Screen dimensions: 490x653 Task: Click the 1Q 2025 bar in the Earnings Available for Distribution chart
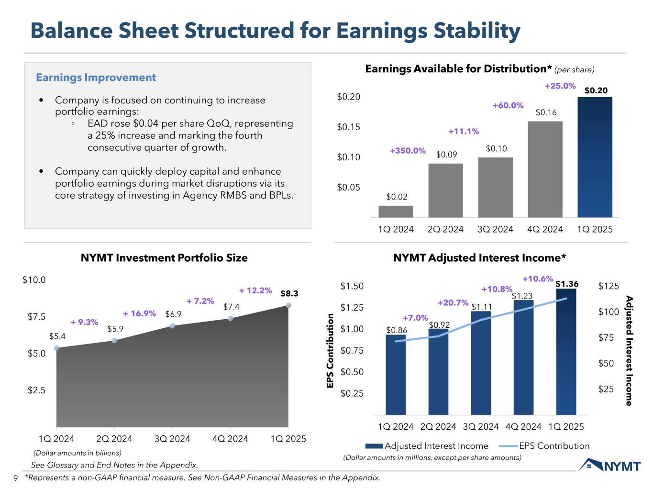[595, 158]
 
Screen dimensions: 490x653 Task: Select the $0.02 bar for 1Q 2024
[396, 212]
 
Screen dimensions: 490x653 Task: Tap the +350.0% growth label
[407, 151]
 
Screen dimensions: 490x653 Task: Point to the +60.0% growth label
[508, 105]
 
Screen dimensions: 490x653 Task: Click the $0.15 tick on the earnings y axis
[348, 127]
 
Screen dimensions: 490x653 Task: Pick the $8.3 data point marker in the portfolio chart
[288, 305]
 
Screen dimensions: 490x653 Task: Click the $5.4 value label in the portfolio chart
[57, 336]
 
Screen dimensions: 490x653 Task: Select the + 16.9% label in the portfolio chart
[140, 313]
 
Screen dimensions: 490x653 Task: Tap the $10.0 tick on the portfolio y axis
[34, 280]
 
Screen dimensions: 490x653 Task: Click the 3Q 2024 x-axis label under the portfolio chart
[172, 439]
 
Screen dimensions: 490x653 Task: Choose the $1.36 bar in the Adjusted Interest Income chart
[566, 352]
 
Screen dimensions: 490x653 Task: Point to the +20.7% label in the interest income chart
[453, 302]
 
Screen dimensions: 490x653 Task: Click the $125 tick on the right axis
[609, 286]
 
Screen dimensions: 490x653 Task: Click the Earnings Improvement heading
[96, 78]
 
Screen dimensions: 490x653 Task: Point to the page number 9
[15, 478]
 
